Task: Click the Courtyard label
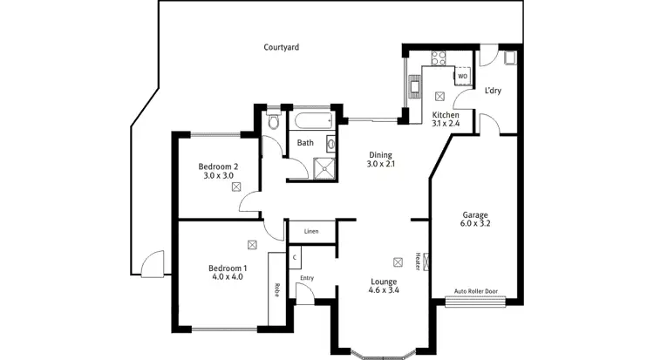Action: (281, 47)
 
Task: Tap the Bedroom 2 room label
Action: (218, 171)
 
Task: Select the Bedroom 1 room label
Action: (227, 272)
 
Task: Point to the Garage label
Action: (474, 219)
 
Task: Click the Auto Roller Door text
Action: (476, 293)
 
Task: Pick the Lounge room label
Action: (384, 286)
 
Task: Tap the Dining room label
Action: (380, 159)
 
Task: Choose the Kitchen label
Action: (446, 119)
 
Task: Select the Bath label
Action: (305, 143)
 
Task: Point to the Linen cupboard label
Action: (310, 232)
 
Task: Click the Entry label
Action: (306, 278)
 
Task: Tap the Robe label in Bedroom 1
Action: (276, 290)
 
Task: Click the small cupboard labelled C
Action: (295, 258)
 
